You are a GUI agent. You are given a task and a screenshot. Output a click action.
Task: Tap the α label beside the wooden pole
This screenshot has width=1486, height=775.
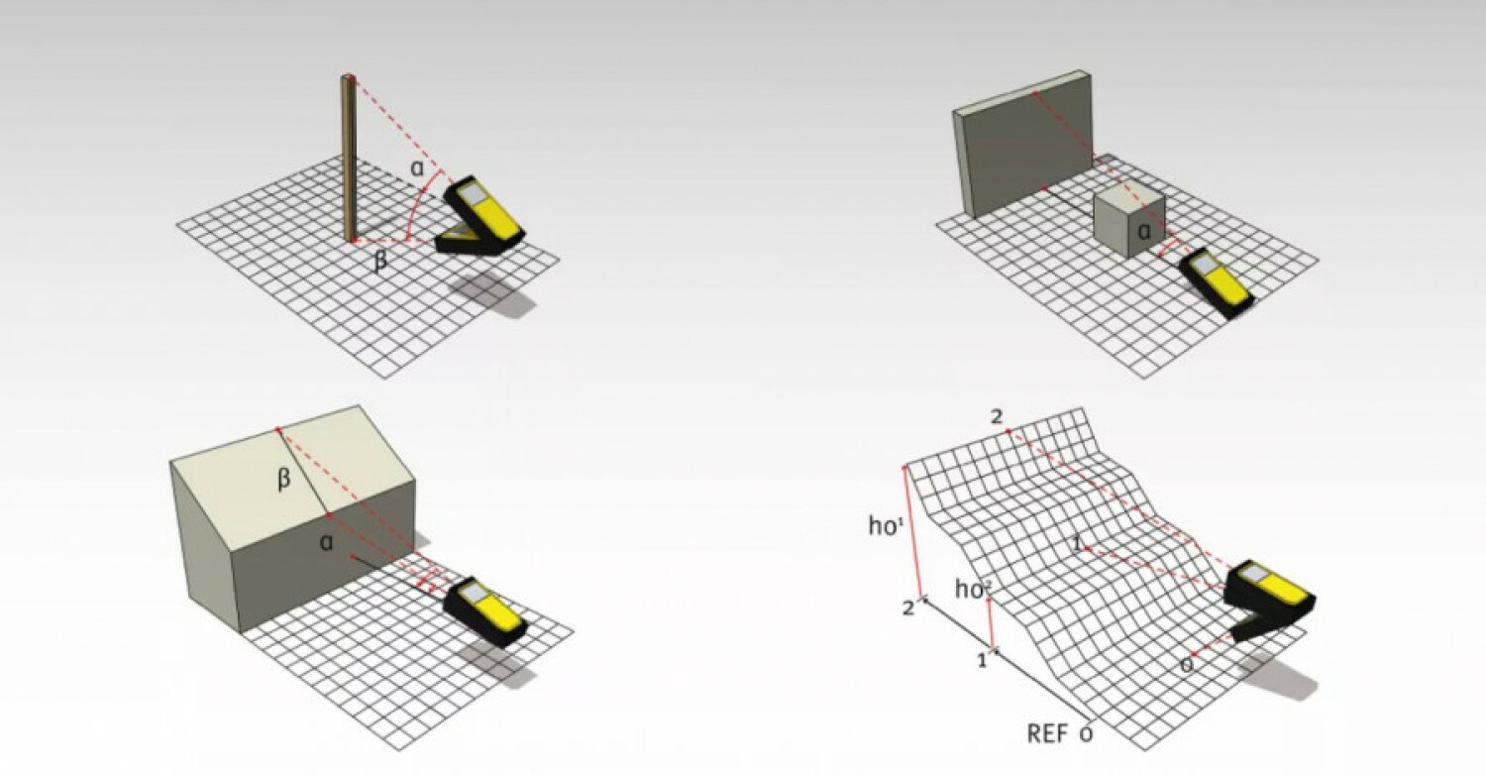(x=417, y=168)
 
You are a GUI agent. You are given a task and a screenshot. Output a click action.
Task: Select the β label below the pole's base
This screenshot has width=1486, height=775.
(x=380, y=261)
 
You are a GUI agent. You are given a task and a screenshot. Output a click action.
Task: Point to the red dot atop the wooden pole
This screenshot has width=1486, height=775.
(x=351, y=79)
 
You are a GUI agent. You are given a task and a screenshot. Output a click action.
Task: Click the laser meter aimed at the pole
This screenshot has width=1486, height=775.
(x=480, y=216)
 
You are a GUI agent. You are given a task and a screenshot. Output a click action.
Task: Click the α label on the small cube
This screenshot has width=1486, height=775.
(x=1144, y=232)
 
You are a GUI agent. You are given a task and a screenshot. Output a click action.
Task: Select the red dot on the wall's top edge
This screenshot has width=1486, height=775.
(x=1035, y=93)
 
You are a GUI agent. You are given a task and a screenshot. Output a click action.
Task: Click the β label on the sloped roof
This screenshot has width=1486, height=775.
(x=283, y=478)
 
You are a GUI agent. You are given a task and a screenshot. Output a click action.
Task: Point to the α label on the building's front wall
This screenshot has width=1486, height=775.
(x=326, y=543)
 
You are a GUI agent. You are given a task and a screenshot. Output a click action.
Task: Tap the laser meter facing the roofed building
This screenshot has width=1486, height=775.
(x=485, y=611)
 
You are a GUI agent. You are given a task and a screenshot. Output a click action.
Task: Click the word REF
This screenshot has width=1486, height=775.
(x=1047, y=733)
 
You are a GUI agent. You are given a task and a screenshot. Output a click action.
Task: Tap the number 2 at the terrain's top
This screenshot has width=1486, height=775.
(x=996, y=416)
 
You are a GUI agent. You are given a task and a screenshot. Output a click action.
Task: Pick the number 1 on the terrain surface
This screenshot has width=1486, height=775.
(x=1078, y=544)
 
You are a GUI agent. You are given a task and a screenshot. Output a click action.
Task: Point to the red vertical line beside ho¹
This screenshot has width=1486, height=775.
(x=912, y=531)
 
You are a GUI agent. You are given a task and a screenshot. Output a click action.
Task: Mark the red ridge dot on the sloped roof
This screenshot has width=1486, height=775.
(x=278, y=431)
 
